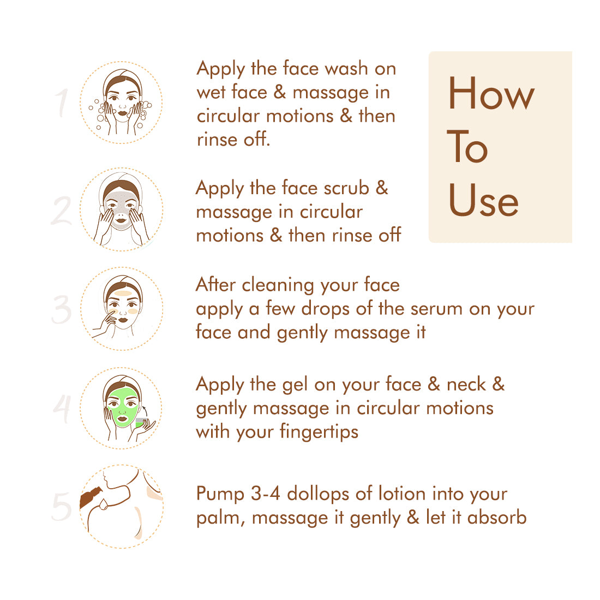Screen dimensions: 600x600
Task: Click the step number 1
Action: pyautogui.click(x=62, y=103)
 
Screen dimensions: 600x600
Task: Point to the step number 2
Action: pyautogui.click(x=61, y=211)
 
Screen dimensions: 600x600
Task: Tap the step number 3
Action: pyautogui.click(x=62, y=309)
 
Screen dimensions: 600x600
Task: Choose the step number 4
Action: pyautogui.click(x=62, y=409)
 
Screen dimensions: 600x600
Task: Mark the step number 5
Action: pyautogui.click(x=62, y=507)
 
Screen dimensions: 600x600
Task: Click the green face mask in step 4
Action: pyautogui.click(x=122, y=407)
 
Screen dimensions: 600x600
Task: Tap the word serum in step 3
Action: pyautogui.click(x=436, y=309)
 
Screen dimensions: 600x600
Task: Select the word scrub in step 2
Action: pyautogui.click(x=346, y=188)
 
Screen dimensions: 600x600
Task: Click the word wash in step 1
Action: pyautogui.click(x=347, y=69)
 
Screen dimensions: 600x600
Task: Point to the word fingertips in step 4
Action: pyautogui.click(x=319, y=431)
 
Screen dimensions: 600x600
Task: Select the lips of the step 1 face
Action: pyautogui.click(x=122, y=113)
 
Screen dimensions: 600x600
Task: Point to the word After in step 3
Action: pyautogui.click(x=215, y=284)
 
